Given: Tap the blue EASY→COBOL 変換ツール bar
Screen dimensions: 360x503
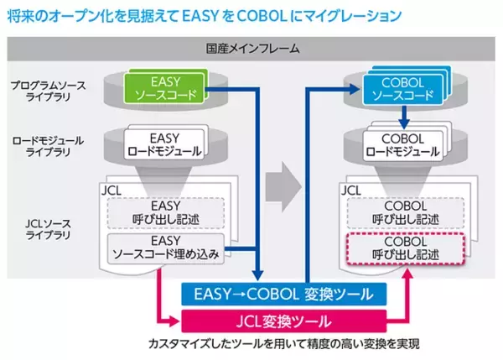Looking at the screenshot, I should pyautogui.click(x=283, y=293).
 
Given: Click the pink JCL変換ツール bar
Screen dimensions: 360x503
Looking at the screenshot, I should pyautogui.click(x=283, y=320).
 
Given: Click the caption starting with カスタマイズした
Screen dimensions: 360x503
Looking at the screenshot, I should pyautogui.click(x=284, y=343).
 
